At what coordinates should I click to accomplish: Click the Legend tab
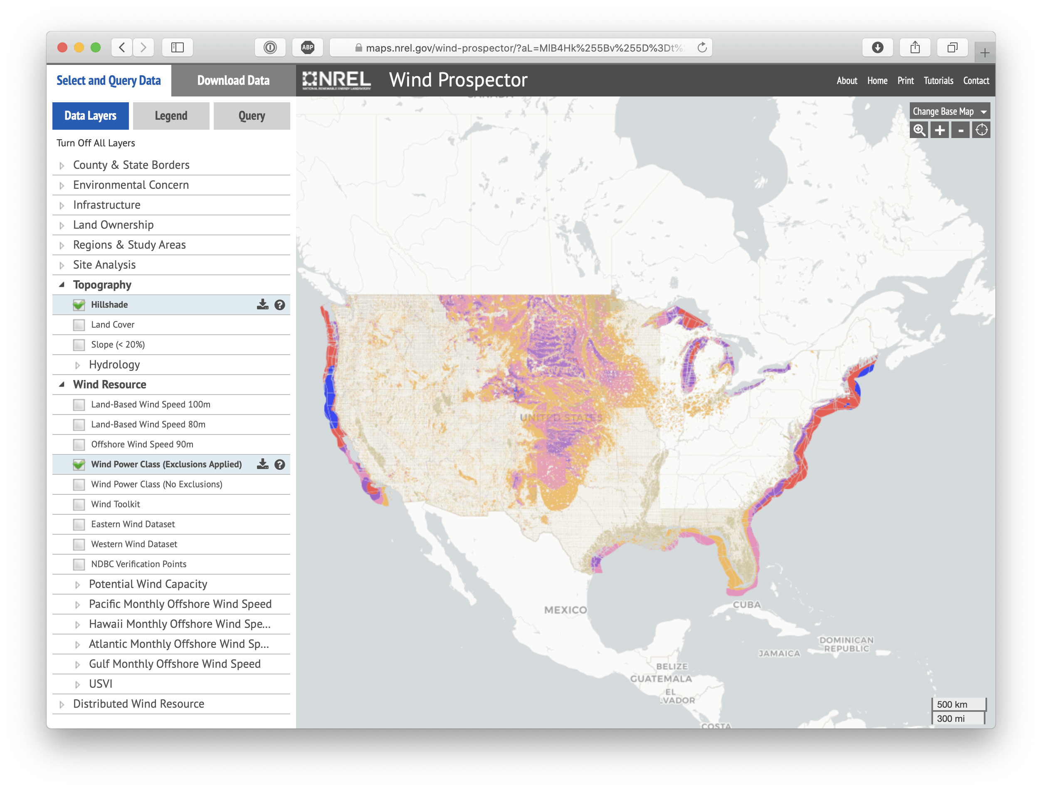tap(171, 116)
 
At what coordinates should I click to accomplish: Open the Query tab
tap(252, 116)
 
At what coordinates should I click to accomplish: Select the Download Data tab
tap(233, 81)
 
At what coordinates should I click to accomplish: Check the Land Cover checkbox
tap(79, 325)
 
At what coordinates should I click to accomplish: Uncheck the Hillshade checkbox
tap(79, 305)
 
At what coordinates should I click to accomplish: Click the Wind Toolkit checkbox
tap(79, 504)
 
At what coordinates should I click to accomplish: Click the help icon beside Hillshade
tap(280, 305)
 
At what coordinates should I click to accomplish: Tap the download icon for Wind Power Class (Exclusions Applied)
tap(262, 464)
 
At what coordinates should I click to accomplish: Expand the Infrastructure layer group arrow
tap(62, 205)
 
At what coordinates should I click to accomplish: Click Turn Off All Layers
tap(96, 143)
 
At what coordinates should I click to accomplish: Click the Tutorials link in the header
tap(938, 81)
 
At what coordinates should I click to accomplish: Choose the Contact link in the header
tap(975, 81)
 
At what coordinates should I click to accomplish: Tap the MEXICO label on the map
tap(565, 610)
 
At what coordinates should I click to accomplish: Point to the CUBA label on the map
tap(747, 605)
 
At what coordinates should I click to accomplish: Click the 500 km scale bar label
tap(952, 704)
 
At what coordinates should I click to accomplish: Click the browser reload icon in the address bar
tap(702, 47)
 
